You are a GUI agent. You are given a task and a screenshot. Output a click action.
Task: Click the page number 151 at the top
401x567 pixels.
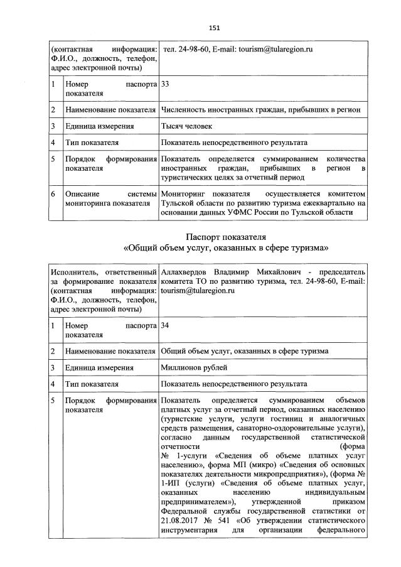[213, 28]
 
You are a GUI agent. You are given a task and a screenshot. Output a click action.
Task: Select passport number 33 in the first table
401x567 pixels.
[166, 83]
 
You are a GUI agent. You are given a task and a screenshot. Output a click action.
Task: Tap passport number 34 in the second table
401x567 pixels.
[166, 326]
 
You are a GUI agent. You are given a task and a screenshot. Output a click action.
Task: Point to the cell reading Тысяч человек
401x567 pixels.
[186, 126]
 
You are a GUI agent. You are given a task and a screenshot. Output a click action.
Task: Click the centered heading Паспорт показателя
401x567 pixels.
[226, 237]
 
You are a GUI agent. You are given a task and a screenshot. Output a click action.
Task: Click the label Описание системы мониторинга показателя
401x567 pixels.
[110, 198]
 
